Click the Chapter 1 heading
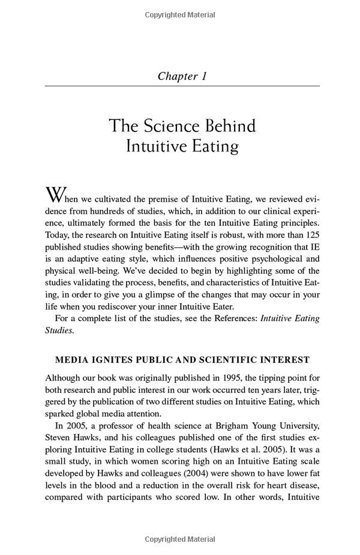click(182, 76)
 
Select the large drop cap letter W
click(54, 196)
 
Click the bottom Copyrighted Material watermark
click(181, 539)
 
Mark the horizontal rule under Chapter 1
click(182, 86)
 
